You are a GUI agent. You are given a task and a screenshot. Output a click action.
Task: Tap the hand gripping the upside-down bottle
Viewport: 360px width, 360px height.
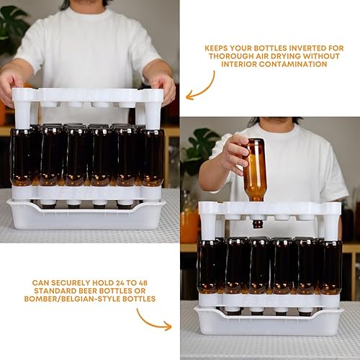pos(235,153)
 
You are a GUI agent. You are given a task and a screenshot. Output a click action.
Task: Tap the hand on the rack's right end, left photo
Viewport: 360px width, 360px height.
pos(165,86)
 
